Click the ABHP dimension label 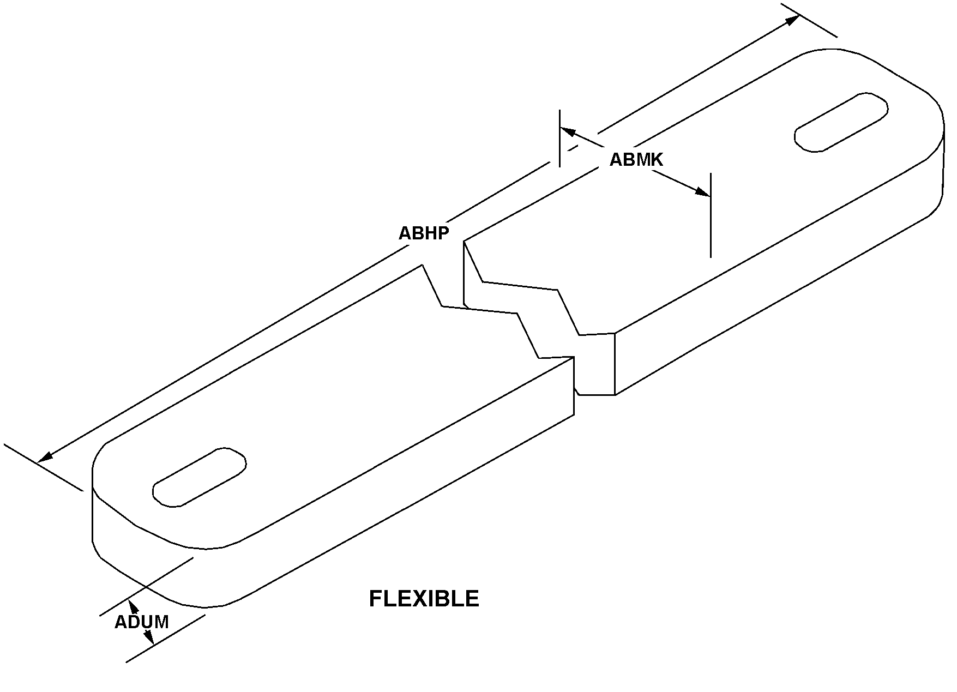pyautogui.click(x=424, y=233)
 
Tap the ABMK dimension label pyautogui.click(x=636, y=159)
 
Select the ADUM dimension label pyautogui.click(x=141, y=622)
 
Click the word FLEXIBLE pyautogui.click(x=424, y=599)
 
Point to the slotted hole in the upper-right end pyautogui.click(x=841, y=122)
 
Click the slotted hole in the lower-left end pyautogui.click(x=199, y=477)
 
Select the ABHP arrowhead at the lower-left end pyautogui.click(x=45, y=456)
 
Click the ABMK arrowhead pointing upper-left pyautogui.click(x=568, y=131)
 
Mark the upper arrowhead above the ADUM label pyautogui.click(x=131, y=605)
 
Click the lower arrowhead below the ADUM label pyautogui.click(x=148, y=637)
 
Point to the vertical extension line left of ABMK pyautogui.click(x=559, y=137)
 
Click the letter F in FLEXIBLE pyautogui.click(x=375, y=599)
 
